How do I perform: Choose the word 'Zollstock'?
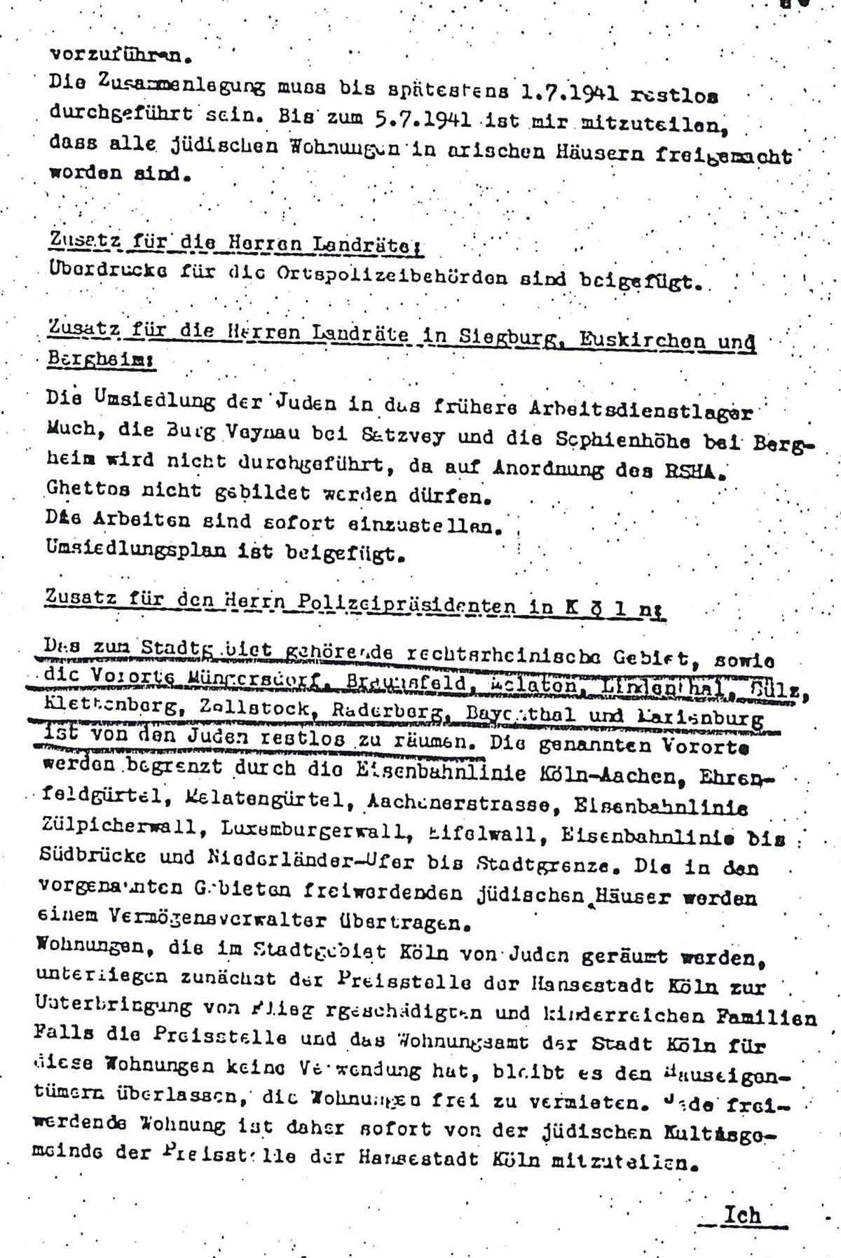click(235, 709)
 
